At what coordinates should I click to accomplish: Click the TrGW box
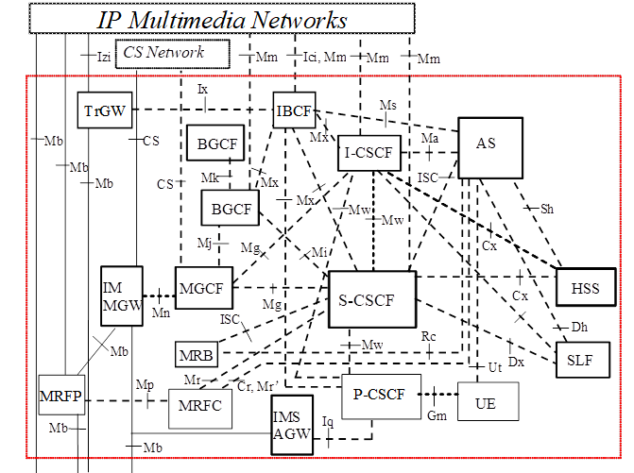tap(102, 110)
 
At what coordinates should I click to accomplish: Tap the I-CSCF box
tap(369, 152)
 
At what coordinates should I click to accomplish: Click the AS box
tap(486, 144)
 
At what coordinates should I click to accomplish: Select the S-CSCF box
tap(371, 299)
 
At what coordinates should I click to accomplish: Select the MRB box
tap(196, 355)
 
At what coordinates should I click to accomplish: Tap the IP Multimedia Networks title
tap(223, 19)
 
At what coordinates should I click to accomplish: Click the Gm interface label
tap(437, 416)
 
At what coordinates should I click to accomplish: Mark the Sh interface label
tap(547, 207)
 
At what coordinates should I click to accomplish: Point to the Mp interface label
tap(145, 385)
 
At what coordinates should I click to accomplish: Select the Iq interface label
tap(328, 420)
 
